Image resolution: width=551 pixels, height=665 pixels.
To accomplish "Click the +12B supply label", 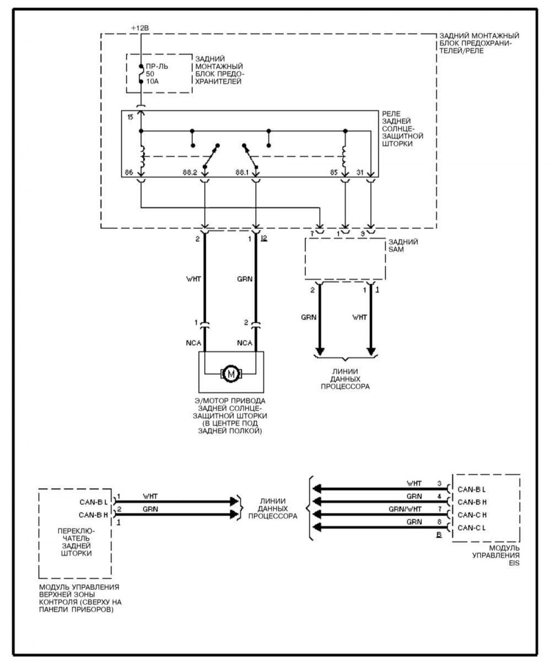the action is [x=140, y=28].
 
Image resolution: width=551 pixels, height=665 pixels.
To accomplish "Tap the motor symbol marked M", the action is [x=231, y=373].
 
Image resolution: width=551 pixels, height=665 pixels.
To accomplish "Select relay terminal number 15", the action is [x=130, y=117].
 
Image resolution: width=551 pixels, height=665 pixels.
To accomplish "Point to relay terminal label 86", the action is [x=129, y=172].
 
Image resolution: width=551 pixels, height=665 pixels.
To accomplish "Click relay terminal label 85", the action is [x=334, y=172].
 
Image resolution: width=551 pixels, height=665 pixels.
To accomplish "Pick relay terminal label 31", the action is [x=360, y=172].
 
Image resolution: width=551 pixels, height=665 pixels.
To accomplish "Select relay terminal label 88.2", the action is [x=190, y=172].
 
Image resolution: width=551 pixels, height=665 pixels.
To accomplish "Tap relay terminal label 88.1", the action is [x=242, y=172].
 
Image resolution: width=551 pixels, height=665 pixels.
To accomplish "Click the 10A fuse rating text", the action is [x=152, y=81].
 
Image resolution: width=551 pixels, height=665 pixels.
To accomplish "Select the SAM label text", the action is [x=396, y=249].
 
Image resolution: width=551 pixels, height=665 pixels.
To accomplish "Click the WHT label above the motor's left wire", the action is [x=194, y=279].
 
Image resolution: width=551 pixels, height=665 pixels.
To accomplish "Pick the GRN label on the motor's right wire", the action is [x=245, y=279].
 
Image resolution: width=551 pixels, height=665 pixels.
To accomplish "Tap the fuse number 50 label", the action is [x=150, y=74].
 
